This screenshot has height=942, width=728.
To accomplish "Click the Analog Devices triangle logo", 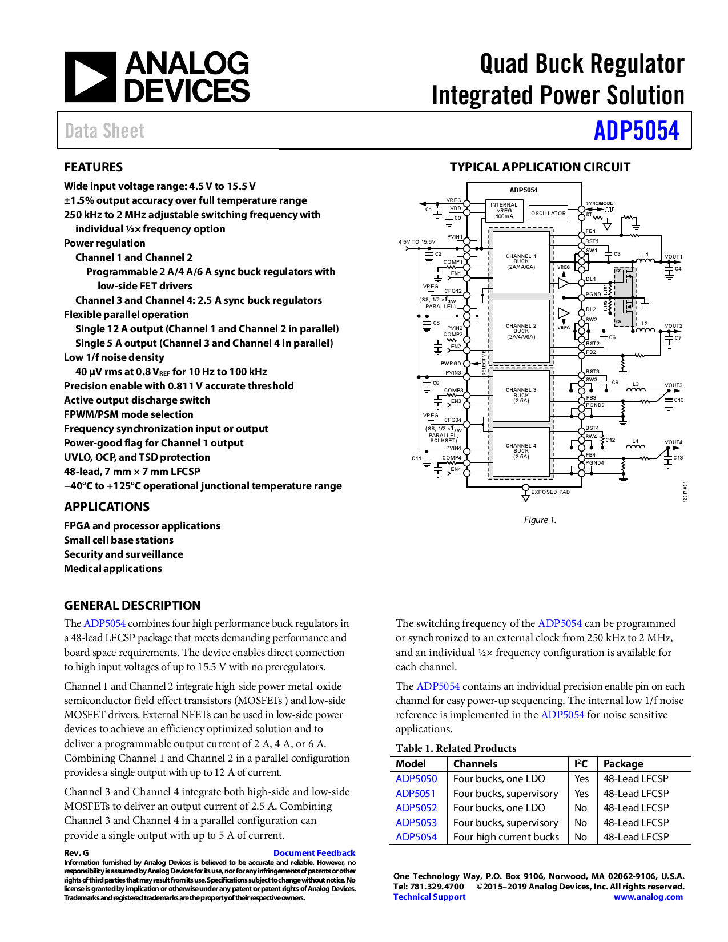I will pos(90,77).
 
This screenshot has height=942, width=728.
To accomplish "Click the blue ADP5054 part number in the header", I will pos(636,131).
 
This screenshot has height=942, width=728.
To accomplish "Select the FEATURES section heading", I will pos(93,167).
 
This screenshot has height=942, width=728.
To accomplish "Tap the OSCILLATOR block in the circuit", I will pos(548,214).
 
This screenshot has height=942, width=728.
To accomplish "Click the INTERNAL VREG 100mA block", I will pos(504,211).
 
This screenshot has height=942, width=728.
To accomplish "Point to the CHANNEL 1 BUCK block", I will pos(521,261).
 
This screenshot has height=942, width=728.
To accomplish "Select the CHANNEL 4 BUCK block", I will pos(521,451).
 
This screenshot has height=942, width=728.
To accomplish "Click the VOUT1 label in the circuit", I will pos(673,257).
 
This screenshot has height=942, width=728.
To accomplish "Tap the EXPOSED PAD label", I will pos(550,492).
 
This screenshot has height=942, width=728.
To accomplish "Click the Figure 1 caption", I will pos(540,520).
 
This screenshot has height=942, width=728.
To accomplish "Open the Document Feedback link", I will pos(314,853).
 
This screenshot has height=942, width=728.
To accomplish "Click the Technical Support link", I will pos(429,897).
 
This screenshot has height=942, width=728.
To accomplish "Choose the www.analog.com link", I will pos(648,897).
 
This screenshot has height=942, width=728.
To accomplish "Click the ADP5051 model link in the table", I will pos(416,794).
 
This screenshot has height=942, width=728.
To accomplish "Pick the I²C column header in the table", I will pos(581,764).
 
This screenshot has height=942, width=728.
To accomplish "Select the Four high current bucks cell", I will pos(506,837).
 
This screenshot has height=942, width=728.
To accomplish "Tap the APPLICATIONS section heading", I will pos(107,507).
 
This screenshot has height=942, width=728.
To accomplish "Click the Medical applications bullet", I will pos(113,569).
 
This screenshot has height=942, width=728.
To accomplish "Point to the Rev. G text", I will pos(77,853).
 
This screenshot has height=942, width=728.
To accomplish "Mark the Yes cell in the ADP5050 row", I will pos(581,779).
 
